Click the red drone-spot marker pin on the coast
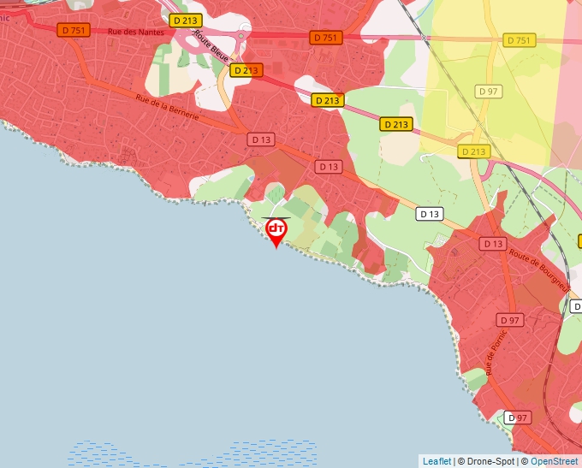pyautogui.click(x=276, y=231)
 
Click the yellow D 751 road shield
pyautogui.click(x=519, y=40)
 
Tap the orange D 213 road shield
pyautogui.click(x=246, y=70)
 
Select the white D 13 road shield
pyautogui.click(x=430, y=213)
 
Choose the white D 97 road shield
pyautogui.click(x=516, y=418)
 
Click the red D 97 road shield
pyautogui.click(x=509, y=320)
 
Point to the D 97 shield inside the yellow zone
pyautogui.click(x=489, y=91)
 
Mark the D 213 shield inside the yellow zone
pyautogui.click(x=473, y=151)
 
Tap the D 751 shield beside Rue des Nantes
pyautogui.click(x=73, y=29)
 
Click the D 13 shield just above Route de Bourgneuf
pyautogui.click(x=493, y=244)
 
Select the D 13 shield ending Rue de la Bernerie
pyautogui.click(x=261, y=139)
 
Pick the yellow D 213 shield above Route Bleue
pyautogui.click(x=184, y=20)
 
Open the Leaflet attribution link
pyautogui.click(x=436, y=461)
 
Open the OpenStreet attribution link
pyautogui.click(x=554, y=461)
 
